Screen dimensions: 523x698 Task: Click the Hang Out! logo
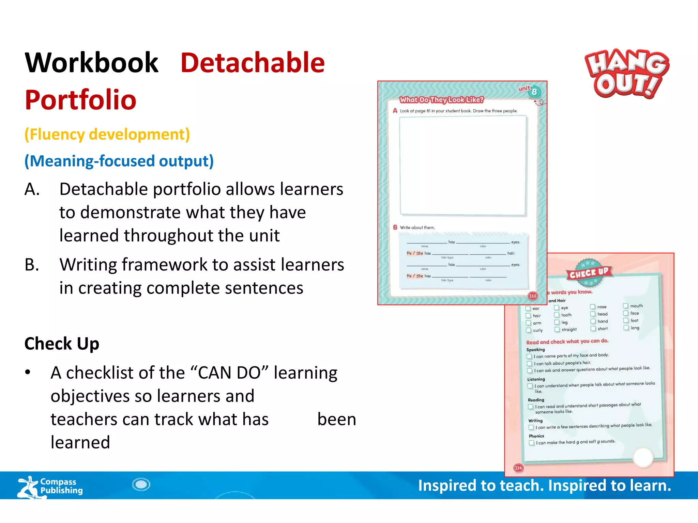[x=626, y=74]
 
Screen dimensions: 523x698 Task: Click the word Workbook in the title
[x=92, y=63]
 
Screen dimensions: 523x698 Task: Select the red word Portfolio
[x=81, y=100]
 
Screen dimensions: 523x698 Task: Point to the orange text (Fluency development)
[x=107, y=134]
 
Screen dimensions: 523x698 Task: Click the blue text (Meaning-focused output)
[x=119, y=161]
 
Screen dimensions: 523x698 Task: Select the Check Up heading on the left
[x=62, y=344]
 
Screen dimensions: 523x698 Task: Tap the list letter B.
[x=32, y=265]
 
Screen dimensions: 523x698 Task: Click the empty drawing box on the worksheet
[x=463, y=165]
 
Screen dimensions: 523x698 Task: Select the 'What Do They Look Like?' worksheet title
[x=441, y=100]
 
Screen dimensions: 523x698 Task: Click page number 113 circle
[x=533, y=296]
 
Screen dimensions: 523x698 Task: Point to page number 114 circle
[x=518, y=468]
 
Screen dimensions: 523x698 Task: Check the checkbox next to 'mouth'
[x=625, y=306]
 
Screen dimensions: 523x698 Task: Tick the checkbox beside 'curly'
[x=529, y=330]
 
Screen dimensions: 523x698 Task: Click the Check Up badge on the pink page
[x=589, y=272]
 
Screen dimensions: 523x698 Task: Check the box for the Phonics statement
[x=531, y=443]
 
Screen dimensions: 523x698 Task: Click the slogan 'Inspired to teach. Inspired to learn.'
[x=544, y=486]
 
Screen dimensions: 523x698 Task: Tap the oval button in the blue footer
[x=141, y=484]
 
